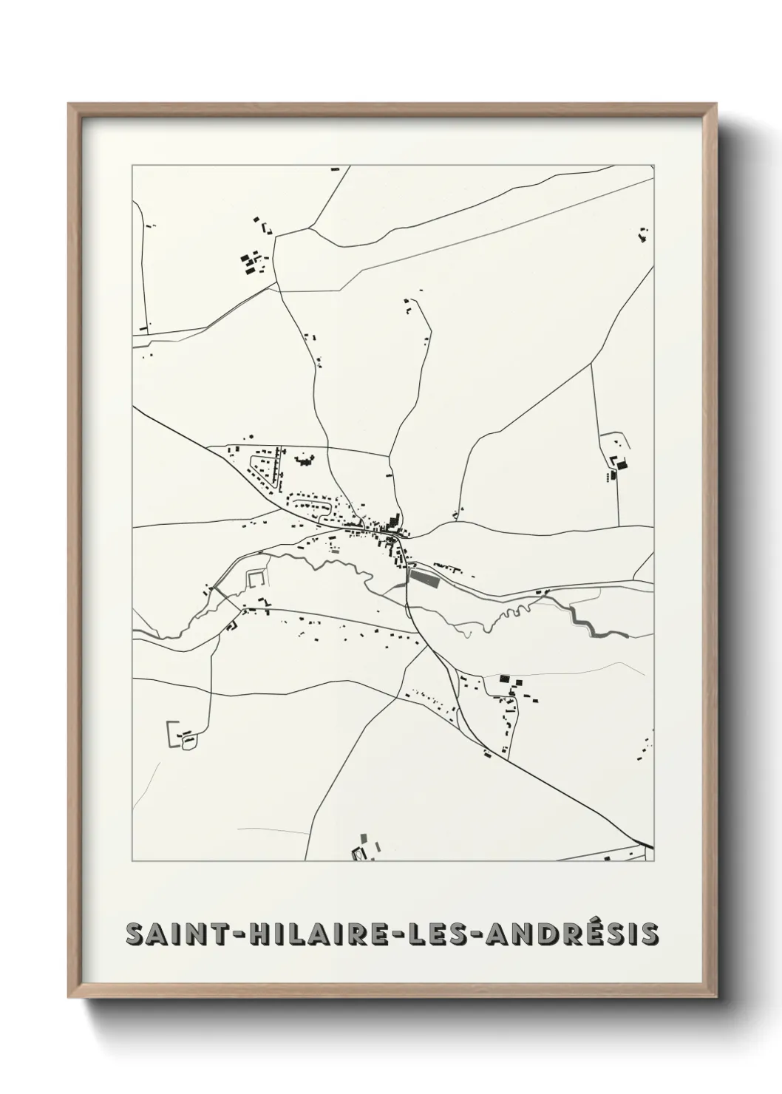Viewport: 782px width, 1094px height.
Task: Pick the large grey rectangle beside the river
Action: [x=424, y=577]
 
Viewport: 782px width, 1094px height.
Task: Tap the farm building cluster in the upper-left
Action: [x=252, y=263]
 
